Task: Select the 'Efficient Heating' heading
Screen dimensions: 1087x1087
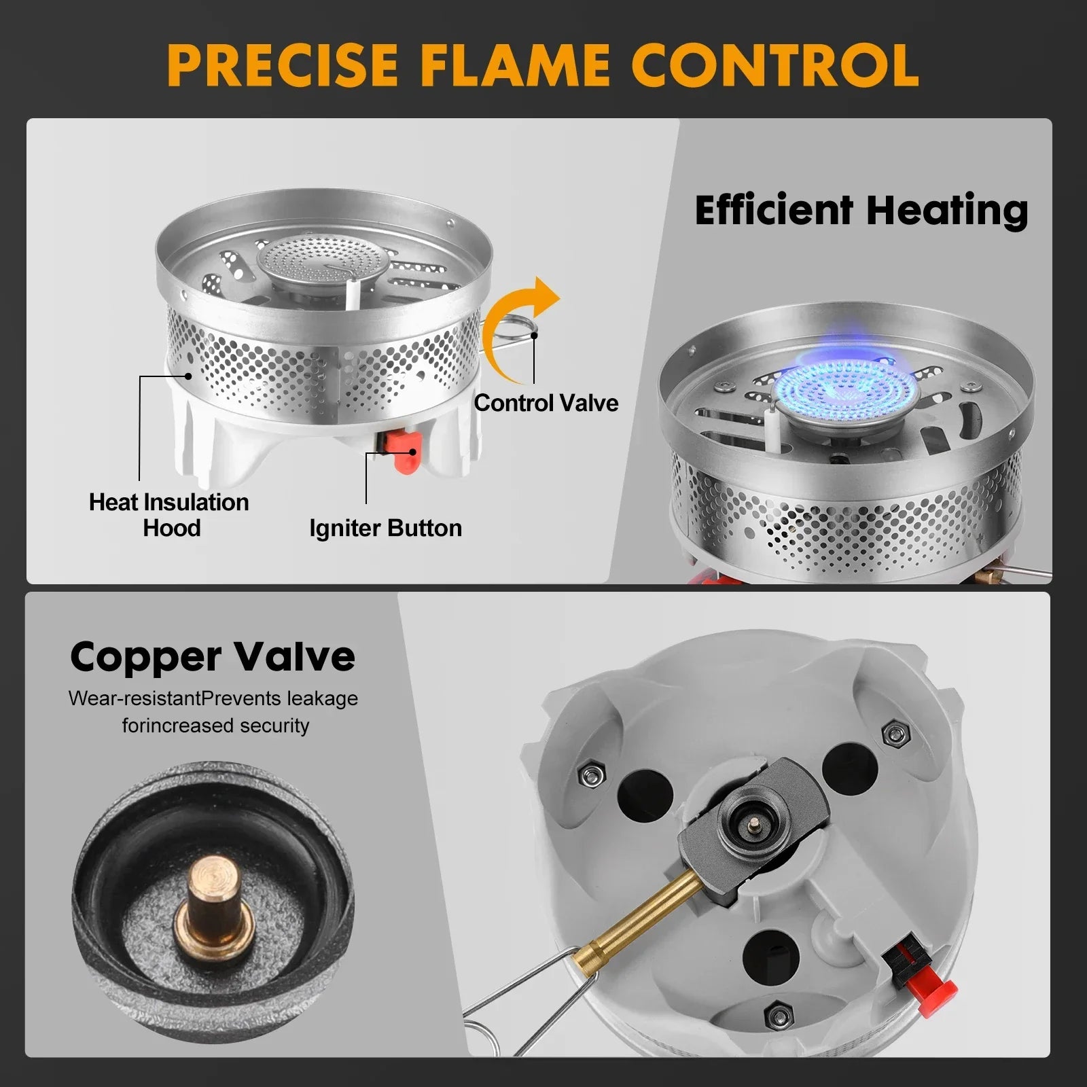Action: coord(861,210)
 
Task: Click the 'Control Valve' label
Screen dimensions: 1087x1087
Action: coord(546,403)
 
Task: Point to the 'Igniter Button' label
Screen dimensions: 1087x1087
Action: coord(385,528)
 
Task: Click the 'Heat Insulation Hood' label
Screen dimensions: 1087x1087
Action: coord(169,514)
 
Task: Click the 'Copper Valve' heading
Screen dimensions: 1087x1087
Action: coord(213,656)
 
